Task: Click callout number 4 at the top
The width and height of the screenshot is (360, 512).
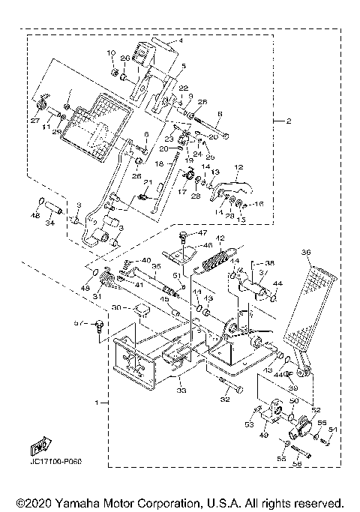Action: pos(180,41)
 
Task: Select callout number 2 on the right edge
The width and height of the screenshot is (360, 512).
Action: pos(278,120)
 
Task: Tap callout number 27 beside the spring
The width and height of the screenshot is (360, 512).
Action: pos(35,119)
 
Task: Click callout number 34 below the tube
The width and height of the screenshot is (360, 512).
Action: pos(50,223)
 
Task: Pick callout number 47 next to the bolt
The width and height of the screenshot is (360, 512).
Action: pos(202,234)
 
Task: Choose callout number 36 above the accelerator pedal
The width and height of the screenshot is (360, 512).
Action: pos(305,253)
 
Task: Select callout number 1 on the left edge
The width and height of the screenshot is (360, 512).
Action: pos(97,403)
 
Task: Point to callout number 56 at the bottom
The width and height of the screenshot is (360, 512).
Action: pos(296,465)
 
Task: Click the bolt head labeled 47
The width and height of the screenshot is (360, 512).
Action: pos(182,238)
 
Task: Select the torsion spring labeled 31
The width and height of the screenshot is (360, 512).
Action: pos(110,281)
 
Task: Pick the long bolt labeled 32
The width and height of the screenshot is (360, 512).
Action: pos(231,389)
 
